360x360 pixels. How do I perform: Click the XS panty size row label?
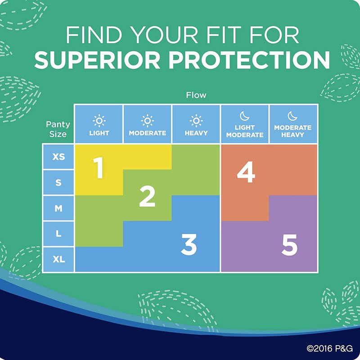[58, 157]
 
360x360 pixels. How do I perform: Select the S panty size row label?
[58, 183]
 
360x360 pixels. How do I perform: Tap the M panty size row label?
[58, 208]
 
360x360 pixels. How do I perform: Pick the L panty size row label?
[58, 234]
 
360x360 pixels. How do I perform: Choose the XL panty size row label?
[59, 259]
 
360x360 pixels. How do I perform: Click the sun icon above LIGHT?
[99, 121]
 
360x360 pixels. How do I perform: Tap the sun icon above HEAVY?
[196, 121]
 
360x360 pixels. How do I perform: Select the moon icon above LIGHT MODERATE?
[244, 116]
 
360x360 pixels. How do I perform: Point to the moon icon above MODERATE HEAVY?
[292, 116]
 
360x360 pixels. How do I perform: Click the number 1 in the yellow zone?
[98, 167]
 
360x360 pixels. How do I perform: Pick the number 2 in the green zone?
[147, 196]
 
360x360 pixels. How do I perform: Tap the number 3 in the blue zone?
[189, 244]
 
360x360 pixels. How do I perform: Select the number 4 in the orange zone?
[246, 172]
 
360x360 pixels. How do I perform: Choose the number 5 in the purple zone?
[289, 245]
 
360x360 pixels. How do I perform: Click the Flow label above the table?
[196, 95]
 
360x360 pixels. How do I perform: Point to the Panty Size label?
[58, 129]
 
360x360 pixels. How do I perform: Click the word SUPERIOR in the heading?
[97, 60]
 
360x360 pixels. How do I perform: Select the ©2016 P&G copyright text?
[330, 348]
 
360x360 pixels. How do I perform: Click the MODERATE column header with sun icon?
[148, 124]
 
